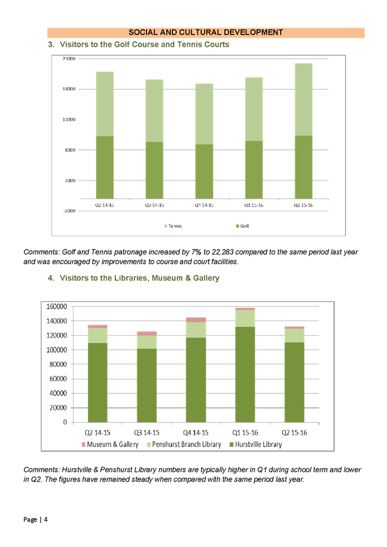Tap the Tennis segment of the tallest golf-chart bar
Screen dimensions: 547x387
(303, 99)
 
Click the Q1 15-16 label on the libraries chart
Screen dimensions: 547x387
(245, 432)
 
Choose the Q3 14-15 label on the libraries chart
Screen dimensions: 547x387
(146, 432)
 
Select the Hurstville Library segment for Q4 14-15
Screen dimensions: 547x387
(196, 379)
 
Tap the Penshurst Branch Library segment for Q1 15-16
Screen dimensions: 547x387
(245, 318)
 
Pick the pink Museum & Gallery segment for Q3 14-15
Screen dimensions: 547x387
(146, 333)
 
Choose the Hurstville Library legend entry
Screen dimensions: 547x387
(259, 445)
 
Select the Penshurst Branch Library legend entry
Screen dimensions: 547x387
(183, 445)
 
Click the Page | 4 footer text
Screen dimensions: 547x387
(36, 520)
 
